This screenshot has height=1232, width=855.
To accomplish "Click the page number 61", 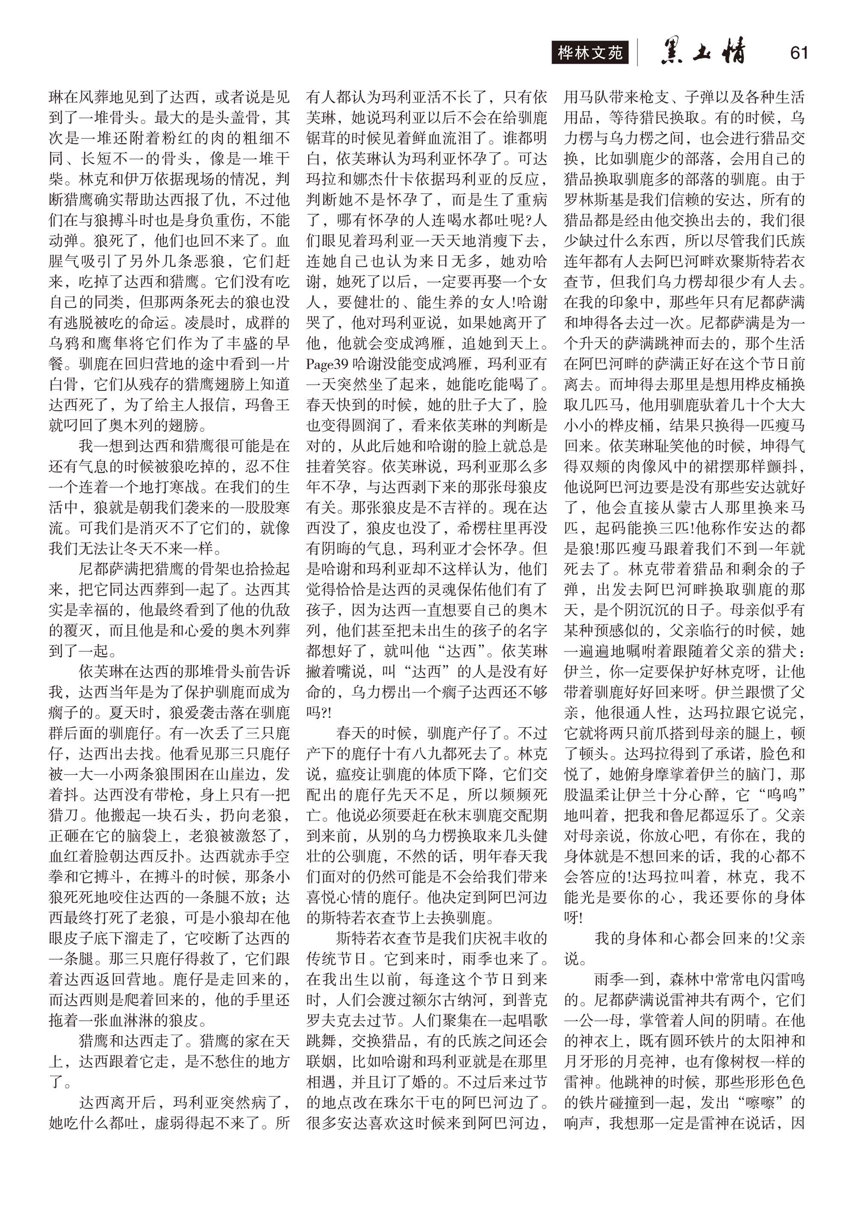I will [x=798, y=53].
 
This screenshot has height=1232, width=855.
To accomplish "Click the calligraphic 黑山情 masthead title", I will [x=702, y=53].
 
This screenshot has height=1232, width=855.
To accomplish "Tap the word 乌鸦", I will [x=64, y=343].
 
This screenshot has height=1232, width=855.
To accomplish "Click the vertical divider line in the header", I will [x=637, y=53].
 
